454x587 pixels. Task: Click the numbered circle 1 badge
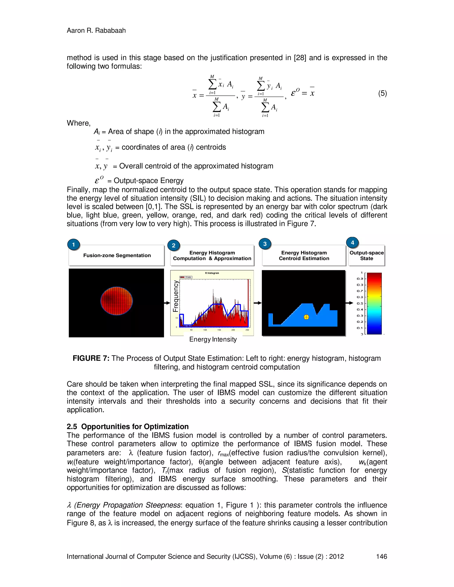pyautogui.click(x=73, y=245)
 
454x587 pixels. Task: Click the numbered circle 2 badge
pyautogui.click(x=174, y=245)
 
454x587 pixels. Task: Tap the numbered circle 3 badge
pyautogui.click(x=265, y=244)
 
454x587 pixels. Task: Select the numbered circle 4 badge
pyautogui.click(x=352, y=242)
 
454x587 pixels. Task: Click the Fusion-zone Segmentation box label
pyautogui.click(x=117, y=255)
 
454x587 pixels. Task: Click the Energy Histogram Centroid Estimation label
pyautogui.click(x=304, y=256)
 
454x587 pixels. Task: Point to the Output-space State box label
pyautogui.click(x=367, y=256)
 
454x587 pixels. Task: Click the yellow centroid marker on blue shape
pyautogui.click(x=306, y=317)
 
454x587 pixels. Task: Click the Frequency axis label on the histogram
pyautogui.click(x=175, y=296)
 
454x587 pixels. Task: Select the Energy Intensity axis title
pyautogui.click(x=213, y=339)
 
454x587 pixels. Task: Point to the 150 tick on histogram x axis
pyautogui.click(x=219, y=330)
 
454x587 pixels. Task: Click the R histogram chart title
pyautogui.click(x=212, y=273)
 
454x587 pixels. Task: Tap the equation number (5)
pyautogui.click(x=382, y=93)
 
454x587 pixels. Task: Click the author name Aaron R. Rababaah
pyautogui.click(x=96, y=30)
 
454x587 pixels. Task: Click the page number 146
pyautogui.click(x=381, y=556)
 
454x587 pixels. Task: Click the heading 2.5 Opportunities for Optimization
pyautogui.click(x=127, y=427)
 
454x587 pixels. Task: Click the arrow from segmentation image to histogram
pyautogui.click(x=167, y=303)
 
